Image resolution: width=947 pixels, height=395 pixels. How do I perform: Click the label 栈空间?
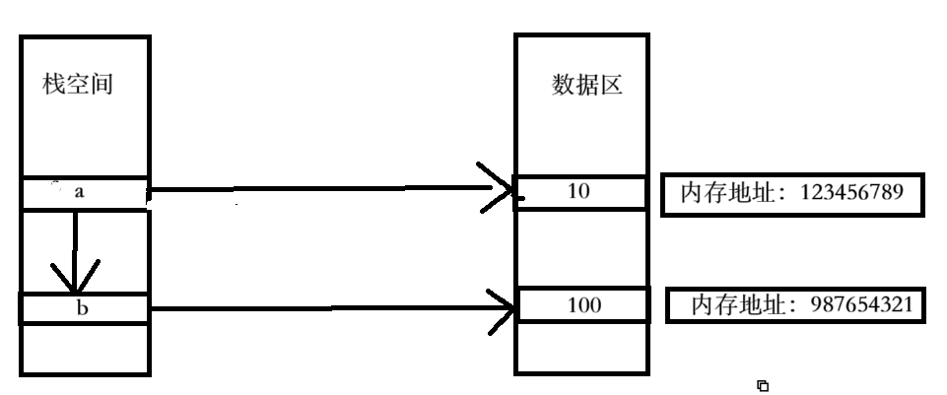78,85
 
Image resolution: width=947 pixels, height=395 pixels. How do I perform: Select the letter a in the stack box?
80,192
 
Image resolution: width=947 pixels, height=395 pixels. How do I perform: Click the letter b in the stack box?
83,307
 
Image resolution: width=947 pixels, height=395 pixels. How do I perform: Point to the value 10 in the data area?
579,191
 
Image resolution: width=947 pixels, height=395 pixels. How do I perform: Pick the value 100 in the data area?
584,305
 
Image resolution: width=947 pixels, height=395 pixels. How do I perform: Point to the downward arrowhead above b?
76,279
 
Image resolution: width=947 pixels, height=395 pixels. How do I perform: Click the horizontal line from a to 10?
325,187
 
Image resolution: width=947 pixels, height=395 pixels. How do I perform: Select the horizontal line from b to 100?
325,307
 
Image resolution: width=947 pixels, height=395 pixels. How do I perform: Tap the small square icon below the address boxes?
762,385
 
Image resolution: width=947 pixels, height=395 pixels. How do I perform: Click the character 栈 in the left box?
54,85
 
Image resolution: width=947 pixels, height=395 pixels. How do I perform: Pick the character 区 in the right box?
611,85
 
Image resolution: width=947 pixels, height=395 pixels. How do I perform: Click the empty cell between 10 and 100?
581,248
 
